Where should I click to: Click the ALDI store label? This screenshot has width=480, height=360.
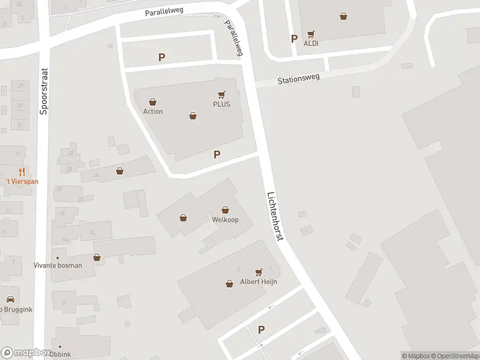pyautogui.click(x=311, y=44)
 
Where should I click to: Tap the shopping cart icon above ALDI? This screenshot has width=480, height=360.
pyautogui.click(x=311, y=34)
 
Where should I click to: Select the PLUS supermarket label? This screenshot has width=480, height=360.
pyautogui.click(x=221, y=104)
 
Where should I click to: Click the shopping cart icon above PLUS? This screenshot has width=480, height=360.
pyautogui.click(x=221, y=94)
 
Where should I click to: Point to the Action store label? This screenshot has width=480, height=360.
pyautogui.click(x=153, y=112)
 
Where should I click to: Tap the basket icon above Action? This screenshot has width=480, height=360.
pyautogui.click(x=153, y=102)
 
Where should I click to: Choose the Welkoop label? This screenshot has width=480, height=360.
pyautogui.click(x=225, y=220)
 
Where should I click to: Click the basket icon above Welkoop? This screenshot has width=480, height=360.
pyautogui.click(x=225, y=210)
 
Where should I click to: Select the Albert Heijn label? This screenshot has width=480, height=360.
pyautogui.click(x=259, y=282)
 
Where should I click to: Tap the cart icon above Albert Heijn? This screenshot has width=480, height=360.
pyautogui.click(x=259, y=272)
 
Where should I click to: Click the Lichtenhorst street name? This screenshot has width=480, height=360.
pyautogui.click(x=275, y=217)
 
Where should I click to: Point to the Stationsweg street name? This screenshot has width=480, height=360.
pyautogui.click(x=298, y=78)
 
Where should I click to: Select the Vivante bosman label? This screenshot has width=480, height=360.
pyautogui.click(x=58, y=265)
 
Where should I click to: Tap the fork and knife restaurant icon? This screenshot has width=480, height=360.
pyautogui.click(x=21, y=172)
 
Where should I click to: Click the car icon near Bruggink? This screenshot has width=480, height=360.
pyautogui.click(x=10, y=299)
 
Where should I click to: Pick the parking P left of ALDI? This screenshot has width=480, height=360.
pyautogui.click(x=294, y=38)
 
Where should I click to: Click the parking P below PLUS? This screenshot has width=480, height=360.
pyautogui.click(x=217, y=154)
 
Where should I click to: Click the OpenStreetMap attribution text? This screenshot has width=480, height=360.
pyautogui.click(x=455, y=356)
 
